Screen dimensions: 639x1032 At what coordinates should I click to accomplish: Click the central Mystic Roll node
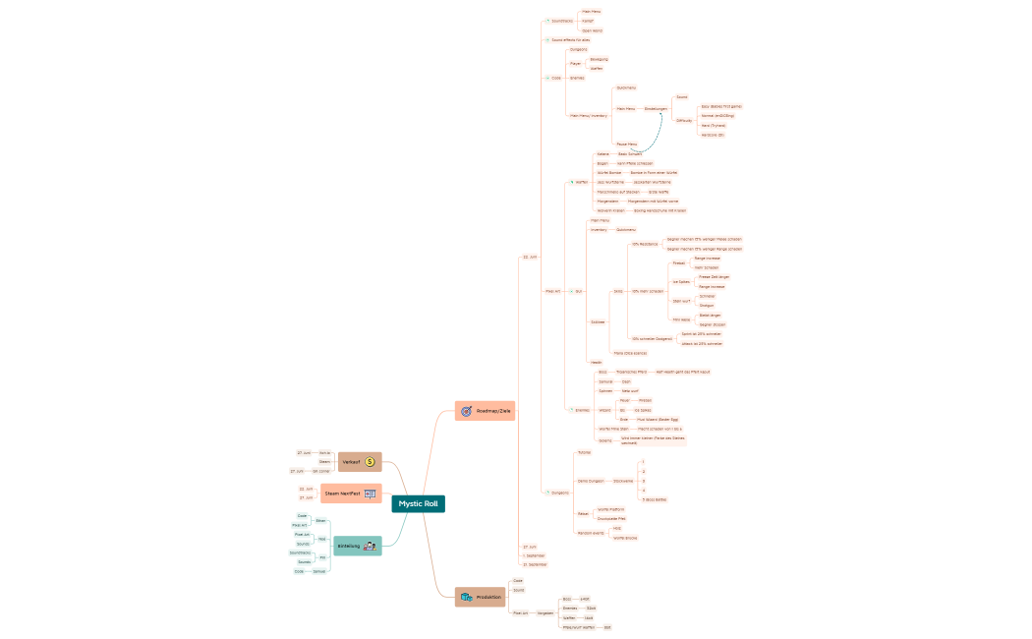[x=419, y=503]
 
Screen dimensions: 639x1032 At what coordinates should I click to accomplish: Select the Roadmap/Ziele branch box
[x=486, y=410]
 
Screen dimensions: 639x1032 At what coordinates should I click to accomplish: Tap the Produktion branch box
[x=481, y=597]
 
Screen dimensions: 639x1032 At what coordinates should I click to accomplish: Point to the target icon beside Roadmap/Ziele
[x=466, y=410]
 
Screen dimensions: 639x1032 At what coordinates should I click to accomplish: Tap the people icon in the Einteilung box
[x=370, y=546]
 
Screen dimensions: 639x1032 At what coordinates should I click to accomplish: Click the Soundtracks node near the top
[x=561, y=21]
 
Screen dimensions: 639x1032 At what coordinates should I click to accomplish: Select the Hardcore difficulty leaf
[x=713, y=135]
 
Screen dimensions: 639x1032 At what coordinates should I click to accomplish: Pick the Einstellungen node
[x=656, y=108]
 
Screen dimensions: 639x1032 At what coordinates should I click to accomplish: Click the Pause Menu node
[x=626, y=144]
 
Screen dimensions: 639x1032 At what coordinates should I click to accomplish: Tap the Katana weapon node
[x=602, y=154]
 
